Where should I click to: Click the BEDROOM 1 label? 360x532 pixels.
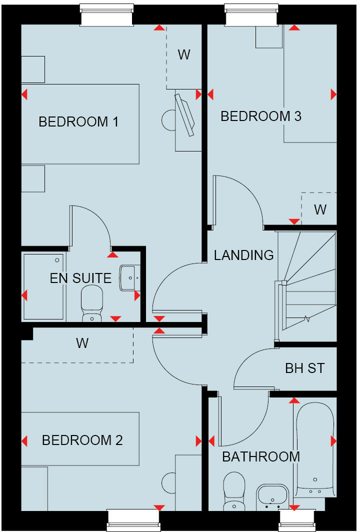tap(78, 121)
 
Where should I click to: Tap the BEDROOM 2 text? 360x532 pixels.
tap(82, 440)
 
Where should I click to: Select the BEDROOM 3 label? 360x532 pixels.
tap(260, 116)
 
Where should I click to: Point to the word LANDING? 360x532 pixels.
tap(243, 255)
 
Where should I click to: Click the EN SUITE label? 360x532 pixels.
tap(80, 278)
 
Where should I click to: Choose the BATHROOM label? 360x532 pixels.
tap(261, 456)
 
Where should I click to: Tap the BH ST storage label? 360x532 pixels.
tap(304, 368)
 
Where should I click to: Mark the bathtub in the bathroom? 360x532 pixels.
tap(314, 447)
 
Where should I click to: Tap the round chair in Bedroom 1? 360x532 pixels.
tap(168, 119)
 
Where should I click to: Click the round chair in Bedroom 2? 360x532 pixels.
tap(168, 483)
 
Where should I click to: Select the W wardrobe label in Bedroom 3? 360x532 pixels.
tap(320, 209)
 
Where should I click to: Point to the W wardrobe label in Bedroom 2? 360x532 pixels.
tap(82, 343)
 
